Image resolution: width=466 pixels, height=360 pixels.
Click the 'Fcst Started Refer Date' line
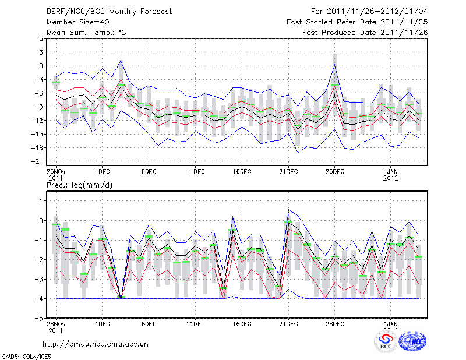[x=357, y=22]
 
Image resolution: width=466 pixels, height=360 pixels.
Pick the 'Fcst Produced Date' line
[x=365, y=33]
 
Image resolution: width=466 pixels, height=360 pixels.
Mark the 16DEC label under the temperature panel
[x=242, y=171]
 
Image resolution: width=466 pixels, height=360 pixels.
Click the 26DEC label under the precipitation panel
[x=334, y=324]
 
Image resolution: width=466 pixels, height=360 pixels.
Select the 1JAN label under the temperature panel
[x=391, y=171]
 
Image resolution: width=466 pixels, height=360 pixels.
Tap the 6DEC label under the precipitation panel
[x=149, y=324]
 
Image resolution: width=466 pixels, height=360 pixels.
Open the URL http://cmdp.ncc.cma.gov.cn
[x=96, y=344]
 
